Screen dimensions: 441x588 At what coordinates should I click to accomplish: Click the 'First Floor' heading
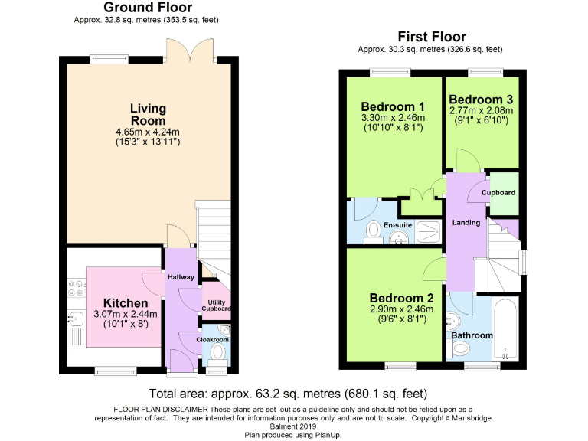click(431, 37)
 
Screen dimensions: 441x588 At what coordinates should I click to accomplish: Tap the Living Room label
click(148, 115)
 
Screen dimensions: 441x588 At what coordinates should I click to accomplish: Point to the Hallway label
click(181, 276)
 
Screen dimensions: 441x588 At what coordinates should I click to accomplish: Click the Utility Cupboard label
click(216, 305)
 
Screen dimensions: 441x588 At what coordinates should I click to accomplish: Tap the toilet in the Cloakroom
click(217, 352)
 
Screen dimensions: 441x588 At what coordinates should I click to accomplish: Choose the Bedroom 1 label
click(393, 106)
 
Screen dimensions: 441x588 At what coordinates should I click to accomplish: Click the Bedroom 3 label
click(481, 100)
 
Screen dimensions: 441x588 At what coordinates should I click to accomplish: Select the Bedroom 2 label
click(402, 298)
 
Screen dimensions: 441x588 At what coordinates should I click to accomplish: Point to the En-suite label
click(398, 225)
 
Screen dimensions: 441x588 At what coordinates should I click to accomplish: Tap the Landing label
click(466, 223)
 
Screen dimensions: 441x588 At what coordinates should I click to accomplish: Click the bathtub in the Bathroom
click(506, 329)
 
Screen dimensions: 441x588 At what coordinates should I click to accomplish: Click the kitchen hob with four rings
click(77, 288)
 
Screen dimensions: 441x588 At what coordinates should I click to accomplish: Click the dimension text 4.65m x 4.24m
click(148, 132)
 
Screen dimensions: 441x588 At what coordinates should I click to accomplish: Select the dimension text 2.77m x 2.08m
click(481, 111)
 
